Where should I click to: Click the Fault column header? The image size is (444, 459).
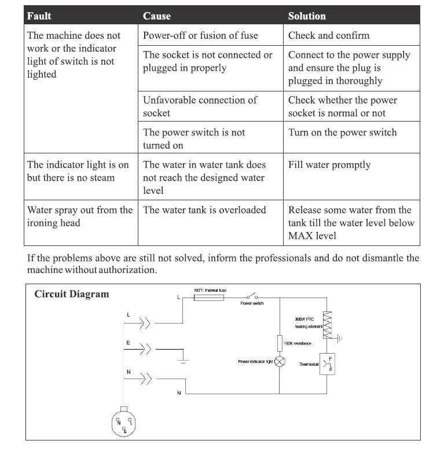pyautogui.click(x=39, y=16)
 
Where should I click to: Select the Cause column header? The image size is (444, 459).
pyautogui.click(x=157, y=16)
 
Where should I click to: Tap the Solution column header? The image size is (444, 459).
pyautogui.click(x=307, y=16)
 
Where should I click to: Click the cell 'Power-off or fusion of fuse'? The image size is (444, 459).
pyautogui.click(x=200, y=35)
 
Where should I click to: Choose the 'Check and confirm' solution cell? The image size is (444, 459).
pyautogui.click(x=328, y=35)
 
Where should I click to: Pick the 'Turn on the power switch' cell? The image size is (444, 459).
pyautogui.click(x=342, y=133)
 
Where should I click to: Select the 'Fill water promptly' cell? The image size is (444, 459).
pyautogui.click(x=329, y=165)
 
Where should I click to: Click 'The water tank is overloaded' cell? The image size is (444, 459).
pyautogui.click(x=204, y=210)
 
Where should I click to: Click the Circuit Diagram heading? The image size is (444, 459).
pyautogui.click(x=71, y=293)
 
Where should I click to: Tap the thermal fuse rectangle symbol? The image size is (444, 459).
pyautogui.click(x=209, y=298)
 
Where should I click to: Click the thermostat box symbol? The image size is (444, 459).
pyautogui.click(x=328, y=364)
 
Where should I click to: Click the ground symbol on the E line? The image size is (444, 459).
pyautogui.click(x=183, y=361)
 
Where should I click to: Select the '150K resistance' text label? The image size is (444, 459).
pyautogui.click(x=298, y=343)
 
